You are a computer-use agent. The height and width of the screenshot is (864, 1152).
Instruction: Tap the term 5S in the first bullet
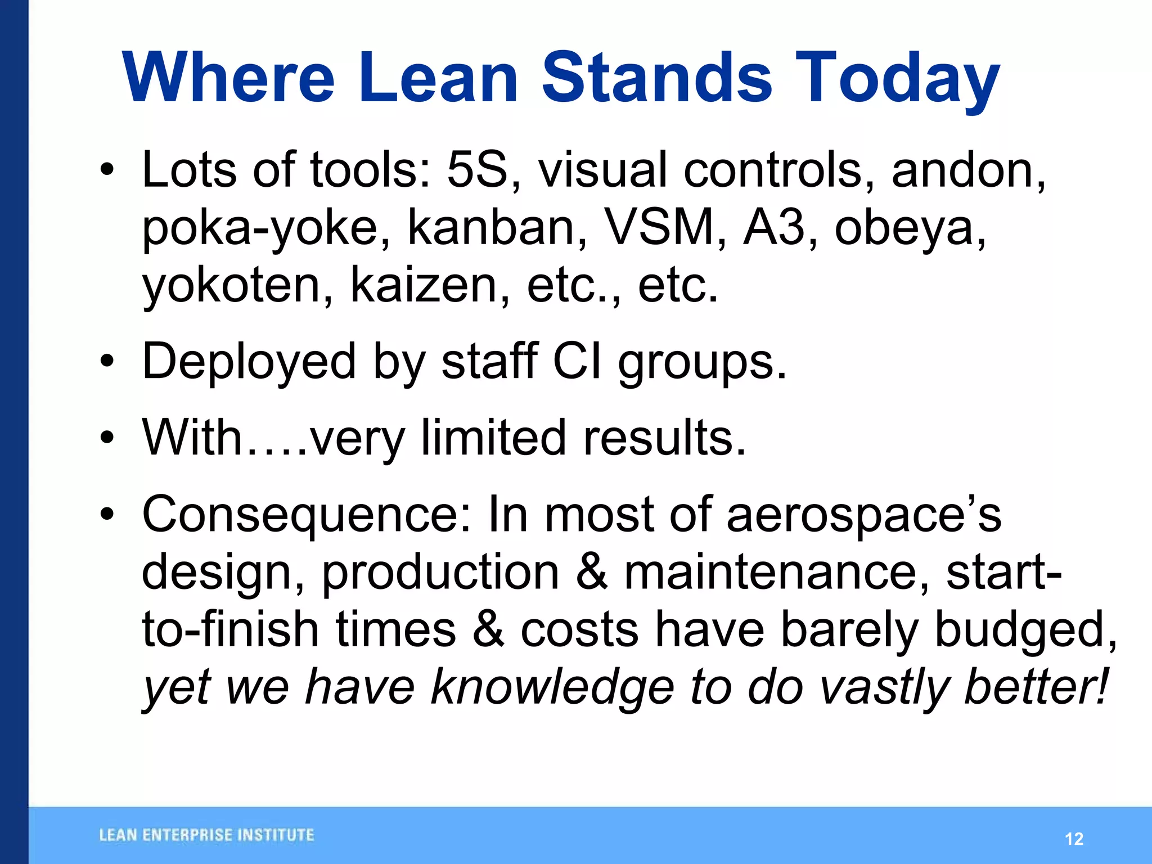[x=477, y=170]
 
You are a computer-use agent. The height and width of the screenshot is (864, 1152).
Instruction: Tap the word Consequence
[x=301, y=515]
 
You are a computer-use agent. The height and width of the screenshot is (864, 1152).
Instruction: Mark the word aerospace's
[x=863, y=515]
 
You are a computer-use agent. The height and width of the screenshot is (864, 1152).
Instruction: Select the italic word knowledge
[x=552, y=687]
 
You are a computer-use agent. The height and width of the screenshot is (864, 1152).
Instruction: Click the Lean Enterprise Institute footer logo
[x=206, y=835]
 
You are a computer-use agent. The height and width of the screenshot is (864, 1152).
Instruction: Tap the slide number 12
[x=1074, y=839]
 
